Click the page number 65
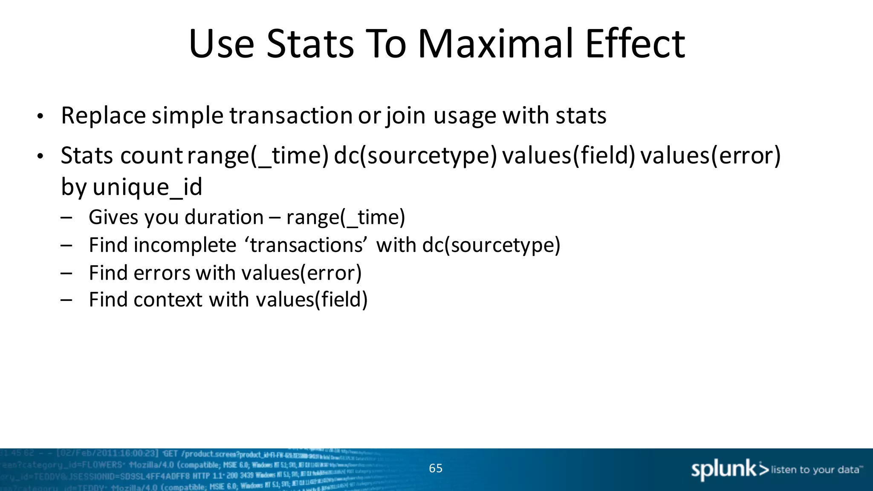point(436,468)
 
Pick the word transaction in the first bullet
point(291,116)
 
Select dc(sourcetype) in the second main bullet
point(415,156)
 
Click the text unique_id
point(147,187)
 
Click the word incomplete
point(185,245)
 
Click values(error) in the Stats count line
point(710,156)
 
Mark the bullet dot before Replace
point(40,116)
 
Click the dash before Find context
point(66,300)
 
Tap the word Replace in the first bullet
point(103,116)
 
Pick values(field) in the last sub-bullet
point(311,300)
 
